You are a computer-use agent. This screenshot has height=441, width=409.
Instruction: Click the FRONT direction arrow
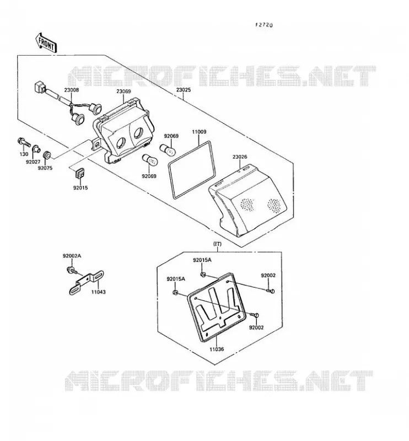46,43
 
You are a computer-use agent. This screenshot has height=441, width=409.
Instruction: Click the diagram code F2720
264,25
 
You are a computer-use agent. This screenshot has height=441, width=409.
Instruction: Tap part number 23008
72,90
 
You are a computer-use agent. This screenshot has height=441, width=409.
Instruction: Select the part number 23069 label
124,92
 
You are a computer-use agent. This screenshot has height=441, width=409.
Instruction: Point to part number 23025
184,90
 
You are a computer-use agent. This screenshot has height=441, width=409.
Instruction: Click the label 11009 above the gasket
199,132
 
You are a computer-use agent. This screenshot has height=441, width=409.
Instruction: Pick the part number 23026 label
240,157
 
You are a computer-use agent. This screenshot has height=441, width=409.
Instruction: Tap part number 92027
33,162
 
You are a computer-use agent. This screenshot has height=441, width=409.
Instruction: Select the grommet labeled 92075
47,155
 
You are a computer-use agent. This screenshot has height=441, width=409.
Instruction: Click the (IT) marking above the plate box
218,244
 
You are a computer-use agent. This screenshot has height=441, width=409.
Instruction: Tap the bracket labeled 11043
87,282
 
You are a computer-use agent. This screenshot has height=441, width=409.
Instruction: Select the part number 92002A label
72,256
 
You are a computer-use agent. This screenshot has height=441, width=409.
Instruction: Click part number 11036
217,349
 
